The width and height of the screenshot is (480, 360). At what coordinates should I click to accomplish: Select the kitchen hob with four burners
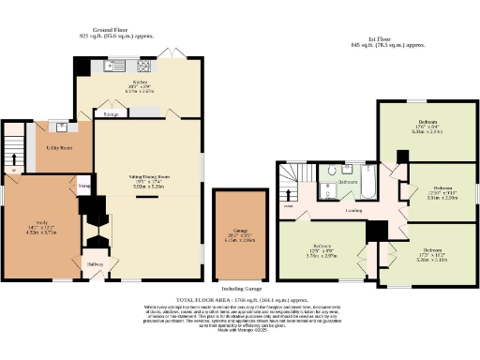click(145, 67)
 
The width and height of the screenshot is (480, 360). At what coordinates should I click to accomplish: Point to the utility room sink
click(62, 127)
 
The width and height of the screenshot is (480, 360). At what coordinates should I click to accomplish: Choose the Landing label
click(354, 210)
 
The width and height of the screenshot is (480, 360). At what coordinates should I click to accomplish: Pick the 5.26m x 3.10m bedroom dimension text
click(432, 255)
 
